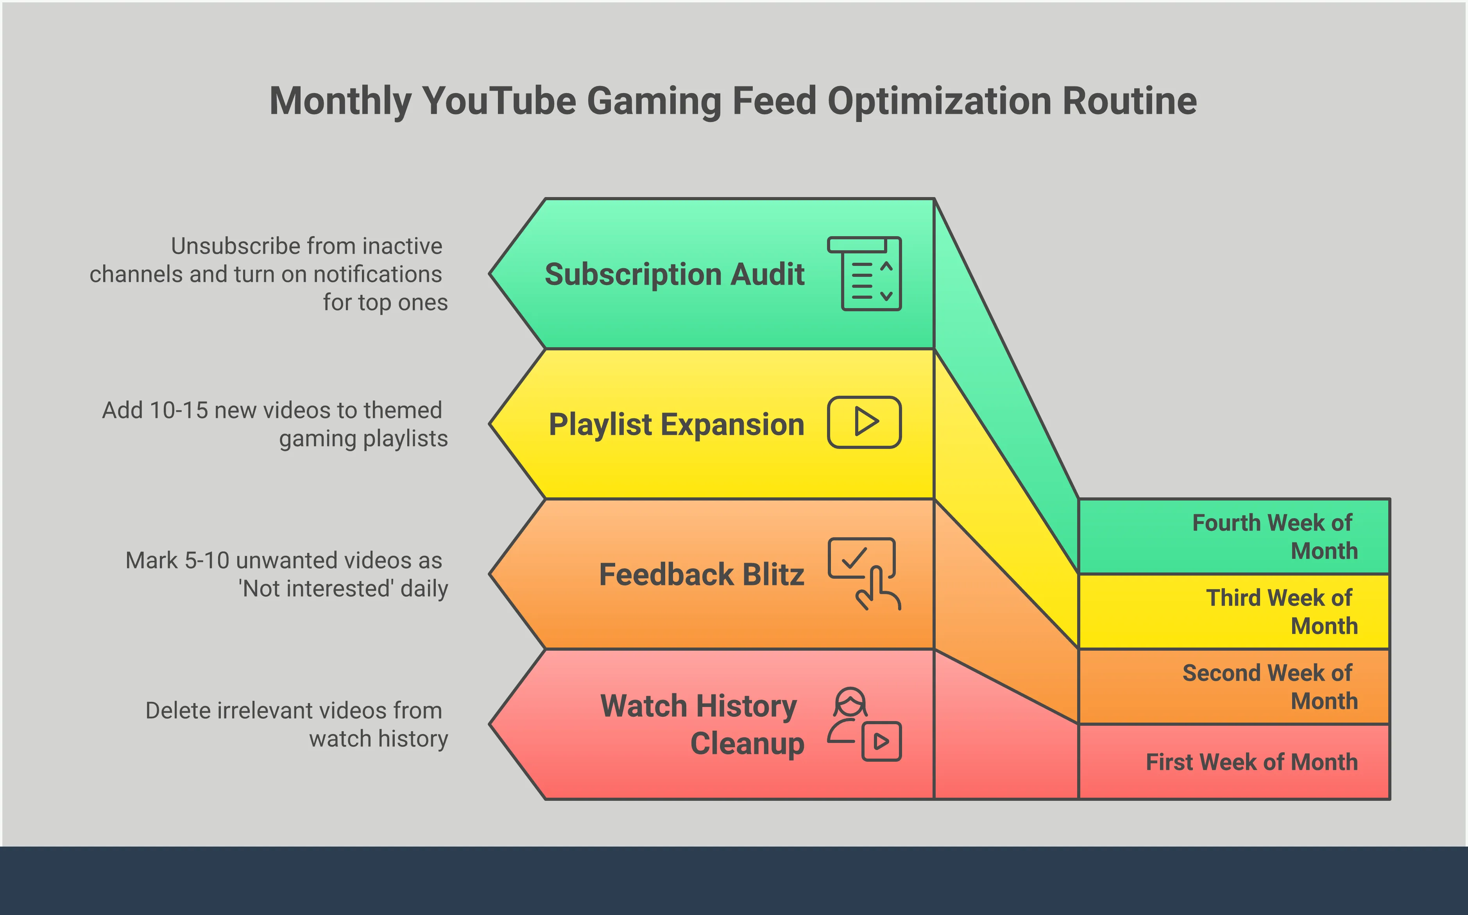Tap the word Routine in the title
(1129, 100)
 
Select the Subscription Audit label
(675, 274)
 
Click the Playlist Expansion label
(676, 424)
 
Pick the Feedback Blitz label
(702, 574)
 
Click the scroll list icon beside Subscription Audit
(865, 274)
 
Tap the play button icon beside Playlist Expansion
(865, 422)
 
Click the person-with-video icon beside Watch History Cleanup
(865, 724)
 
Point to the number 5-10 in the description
(206, 560)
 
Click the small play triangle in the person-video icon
(881, 741)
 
